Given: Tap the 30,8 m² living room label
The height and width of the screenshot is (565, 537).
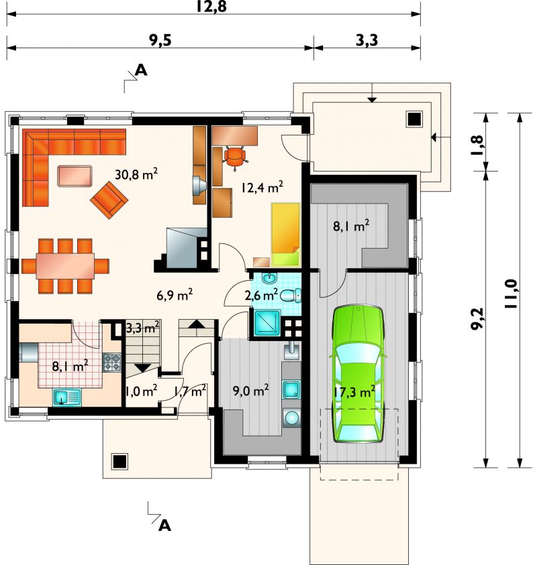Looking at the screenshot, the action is pos(136,174).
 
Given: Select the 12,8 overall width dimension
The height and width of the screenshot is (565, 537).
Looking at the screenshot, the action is pos(211,6).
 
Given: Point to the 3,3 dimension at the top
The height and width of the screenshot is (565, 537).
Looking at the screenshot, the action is pos(367,40).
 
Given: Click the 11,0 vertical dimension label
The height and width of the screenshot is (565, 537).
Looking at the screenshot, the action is pos(511,294).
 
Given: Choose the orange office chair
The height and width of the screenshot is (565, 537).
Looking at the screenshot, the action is pos(236,158).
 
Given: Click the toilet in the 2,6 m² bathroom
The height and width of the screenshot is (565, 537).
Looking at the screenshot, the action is pos(290,296).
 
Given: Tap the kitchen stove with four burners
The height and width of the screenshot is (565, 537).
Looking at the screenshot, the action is pos(112,363).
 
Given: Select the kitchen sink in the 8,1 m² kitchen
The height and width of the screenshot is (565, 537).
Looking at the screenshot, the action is pos(67,397).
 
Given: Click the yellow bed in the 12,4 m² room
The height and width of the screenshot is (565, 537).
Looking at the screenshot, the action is pos(286,235).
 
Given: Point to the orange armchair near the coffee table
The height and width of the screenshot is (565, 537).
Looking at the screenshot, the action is pos(109,200).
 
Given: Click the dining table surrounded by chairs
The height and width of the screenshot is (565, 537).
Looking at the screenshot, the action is pos(65,265).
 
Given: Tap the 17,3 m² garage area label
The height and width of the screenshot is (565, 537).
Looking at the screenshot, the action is pos(354,391).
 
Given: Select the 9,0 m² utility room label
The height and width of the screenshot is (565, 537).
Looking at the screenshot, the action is pos(250,391).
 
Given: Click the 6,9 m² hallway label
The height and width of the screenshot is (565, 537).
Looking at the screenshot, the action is pos(175,295).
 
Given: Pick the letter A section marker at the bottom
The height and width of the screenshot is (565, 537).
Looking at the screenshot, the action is pos(164,525).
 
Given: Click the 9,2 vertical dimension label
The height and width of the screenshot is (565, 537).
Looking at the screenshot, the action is pos(477,318).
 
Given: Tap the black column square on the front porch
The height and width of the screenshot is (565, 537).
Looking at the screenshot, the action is pos(119,461).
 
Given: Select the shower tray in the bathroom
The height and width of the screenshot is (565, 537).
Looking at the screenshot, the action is pos(267,322).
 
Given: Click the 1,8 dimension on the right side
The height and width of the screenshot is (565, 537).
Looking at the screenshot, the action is pos(477,145).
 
